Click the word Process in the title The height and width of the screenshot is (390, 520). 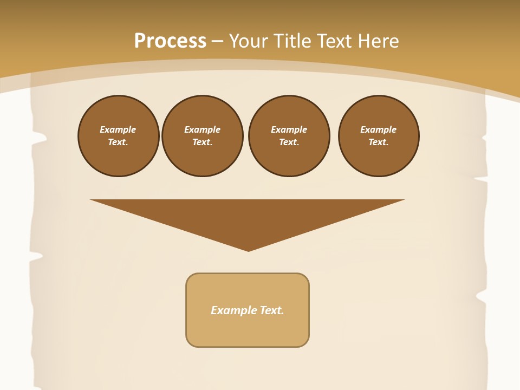(x=170, y=41)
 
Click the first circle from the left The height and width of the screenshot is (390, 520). (x=118, y=136)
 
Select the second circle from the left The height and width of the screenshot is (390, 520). (x=202, y=136)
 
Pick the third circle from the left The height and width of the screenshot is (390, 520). (x=289, y=136)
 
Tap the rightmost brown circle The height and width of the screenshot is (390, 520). (x=378, y=136)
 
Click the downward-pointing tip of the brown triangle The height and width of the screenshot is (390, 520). (x=248, y=250)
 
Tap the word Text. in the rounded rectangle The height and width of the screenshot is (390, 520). (x=272, y=310)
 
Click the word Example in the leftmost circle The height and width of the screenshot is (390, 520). (x=118, y=129)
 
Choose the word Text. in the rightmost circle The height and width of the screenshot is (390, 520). (x=378, y=142)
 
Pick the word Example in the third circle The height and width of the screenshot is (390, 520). (x=289, y=129)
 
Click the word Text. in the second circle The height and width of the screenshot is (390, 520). (x=202, y=142)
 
